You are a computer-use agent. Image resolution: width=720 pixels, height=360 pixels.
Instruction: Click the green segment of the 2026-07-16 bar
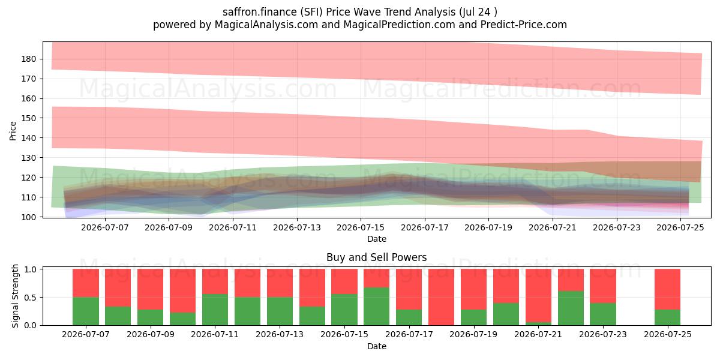(376, 306)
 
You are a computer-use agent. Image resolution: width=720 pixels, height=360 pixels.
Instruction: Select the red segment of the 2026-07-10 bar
(182, 290)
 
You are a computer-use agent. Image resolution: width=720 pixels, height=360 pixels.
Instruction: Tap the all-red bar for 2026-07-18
(442, 297)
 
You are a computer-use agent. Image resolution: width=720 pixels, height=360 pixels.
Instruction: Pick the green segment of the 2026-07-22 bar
(571, 308)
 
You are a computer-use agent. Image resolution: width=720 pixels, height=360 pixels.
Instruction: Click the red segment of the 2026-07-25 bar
(668, 289)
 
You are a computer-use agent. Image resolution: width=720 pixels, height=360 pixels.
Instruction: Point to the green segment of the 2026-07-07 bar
(86, 311)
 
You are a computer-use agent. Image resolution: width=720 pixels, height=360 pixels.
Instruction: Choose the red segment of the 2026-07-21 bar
(538, 295)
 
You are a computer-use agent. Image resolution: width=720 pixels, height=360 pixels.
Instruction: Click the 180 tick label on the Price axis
(29, 59)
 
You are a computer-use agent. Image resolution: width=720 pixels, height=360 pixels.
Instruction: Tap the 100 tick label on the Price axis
(29, 217)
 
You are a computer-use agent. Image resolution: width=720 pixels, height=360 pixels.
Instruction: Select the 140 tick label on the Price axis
(29, 138)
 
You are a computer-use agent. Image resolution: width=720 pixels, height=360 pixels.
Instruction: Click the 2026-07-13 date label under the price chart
(297, 227)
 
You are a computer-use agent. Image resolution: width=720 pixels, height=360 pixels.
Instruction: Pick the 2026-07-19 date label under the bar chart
(473, 334)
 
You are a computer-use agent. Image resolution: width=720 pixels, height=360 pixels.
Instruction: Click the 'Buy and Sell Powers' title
(377, 257)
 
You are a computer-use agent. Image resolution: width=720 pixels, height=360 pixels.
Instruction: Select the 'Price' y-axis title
(13, 131)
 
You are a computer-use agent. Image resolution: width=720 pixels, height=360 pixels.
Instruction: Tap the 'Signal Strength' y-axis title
(15, 296)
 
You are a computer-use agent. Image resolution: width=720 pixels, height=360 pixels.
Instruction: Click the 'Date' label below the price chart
(377, 239)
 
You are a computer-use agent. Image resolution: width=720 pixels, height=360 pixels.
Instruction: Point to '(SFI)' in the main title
(311, 12)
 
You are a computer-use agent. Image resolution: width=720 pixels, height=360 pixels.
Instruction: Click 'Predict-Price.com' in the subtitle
(524, 25)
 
